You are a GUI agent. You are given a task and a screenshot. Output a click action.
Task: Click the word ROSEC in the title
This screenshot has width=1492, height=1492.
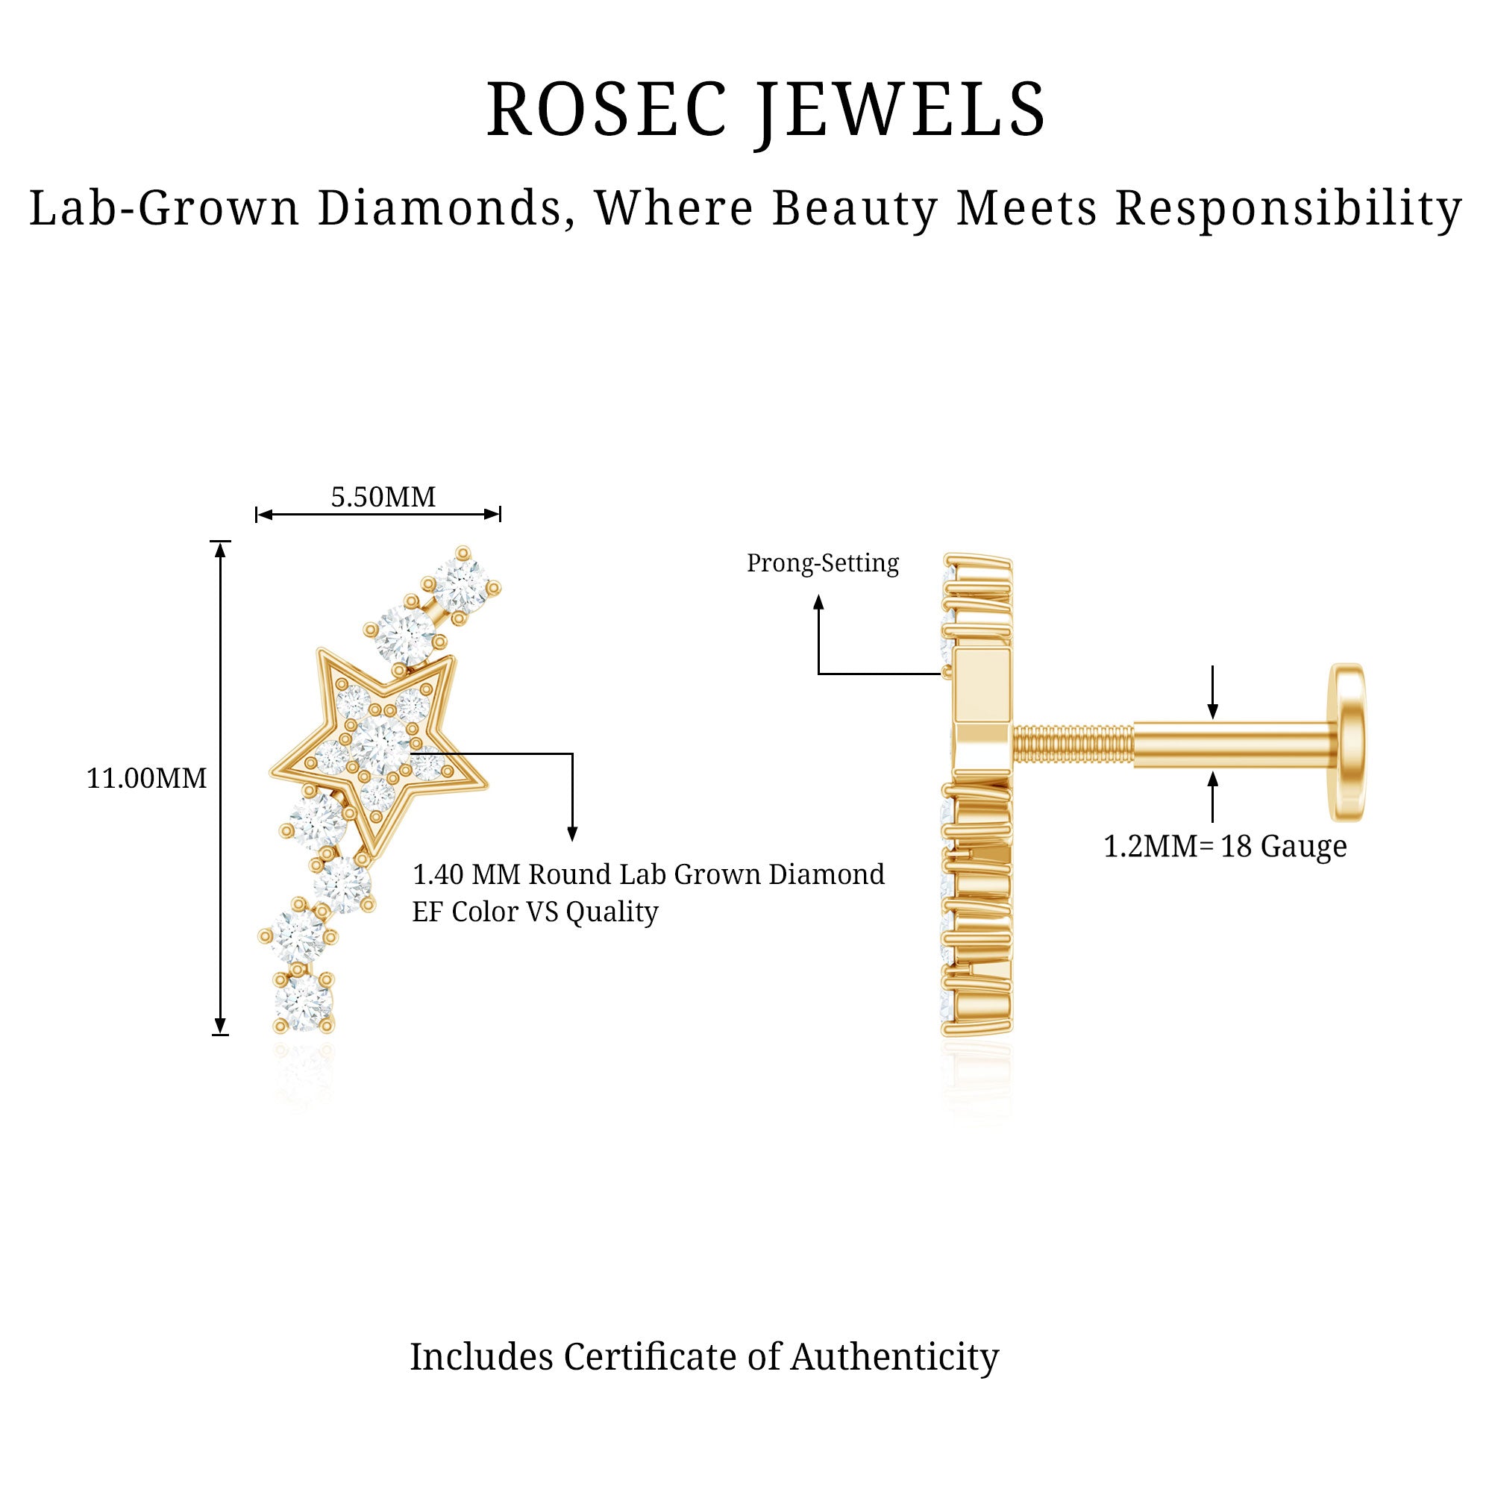click(606, 110)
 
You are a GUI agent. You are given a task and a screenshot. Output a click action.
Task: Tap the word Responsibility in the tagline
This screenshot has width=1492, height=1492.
click(1288, 209)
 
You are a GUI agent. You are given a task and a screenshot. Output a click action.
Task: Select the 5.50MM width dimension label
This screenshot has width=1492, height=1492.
click(383, 497)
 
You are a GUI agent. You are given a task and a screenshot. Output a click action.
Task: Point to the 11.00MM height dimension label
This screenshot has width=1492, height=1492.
click(147, 778)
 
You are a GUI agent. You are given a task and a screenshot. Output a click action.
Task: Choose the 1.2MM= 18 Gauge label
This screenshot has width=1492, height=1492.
click(1225, 847)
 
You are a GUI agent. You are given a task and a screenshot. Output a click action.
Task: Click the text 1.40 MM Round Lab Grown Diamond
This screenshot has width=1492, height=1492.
click(649, 875)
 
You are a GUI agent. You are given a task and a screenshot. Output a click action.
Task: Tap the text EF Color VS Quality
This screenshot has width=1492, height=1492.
click(535, 912)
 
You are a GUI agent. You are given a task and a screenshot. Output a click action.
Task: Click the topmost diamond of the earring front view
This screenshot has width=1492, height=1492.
click(462, 584)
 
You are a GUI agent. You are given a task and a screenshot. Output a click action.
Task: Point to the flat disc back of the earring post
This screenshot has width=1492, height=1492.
click(1347, 742)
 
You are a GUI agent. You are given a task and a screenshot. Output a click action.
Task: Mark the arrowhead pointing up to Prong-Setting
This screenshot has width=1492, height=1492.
click(818, 602)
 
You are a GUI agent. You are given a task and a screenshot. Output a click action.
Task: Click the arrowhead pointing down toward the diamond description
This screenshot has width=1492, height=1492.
click(572, 833)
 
